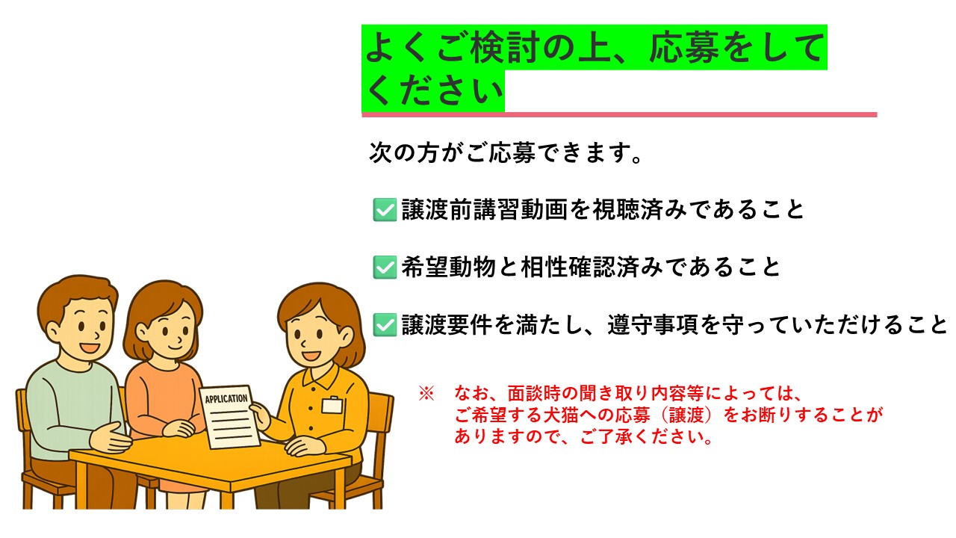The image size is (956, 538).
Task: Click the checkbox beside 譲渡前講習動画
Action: coord(384,210)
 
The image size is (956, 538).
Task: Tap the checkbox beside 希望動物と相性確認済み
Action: coord(384,268)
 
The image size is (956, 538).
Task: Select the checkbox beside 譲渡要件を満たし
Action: coord(384,325)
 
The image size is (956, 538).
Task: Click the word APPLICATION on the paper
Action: coord(226,398)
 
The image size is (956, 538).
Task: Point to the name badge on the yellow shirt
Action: coord(332,404)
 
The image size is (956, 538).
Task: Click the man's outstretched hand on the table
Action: coord(114,438)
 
